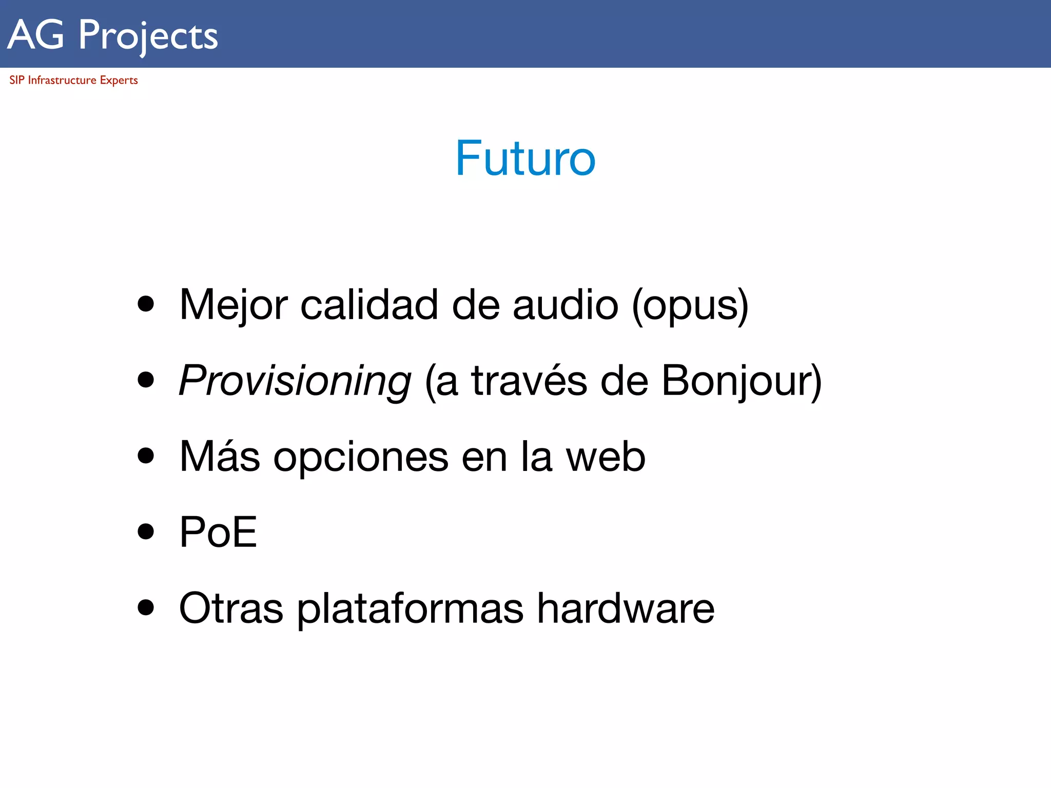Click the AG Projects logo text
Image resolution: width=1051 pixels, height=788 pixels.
(113, 35)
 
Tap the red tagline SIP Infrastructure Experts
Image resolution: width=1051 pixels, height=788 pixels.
(73, 80)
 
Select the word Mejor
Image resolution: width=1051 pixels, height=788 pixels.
(233, 305)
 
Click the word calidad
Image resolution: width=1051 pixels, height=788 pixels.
(369, 305)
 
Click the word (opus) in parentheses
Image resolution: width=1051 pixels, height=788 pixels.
(690, 306)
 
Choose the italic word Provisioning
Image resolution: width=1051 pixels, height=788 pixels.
(295, 381)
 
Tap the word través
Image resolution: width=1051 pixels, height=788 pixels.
(529, 381)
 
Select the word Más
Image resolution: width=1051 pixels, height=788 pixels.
(220, 456)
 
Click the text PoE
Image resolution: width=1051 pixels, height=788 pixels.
(218, 532)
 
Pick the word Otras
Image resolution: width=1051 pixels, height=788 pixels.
(231, 608)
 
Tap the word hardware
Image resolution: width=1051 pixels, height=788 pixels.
(626, 608)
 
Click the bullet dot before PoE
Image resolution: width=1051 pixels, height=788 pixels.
(146, 532)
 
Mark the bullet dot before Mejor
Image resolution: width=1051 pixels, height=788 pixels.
(146, 304)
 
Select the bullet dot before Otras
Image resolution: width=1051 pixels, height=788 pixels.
(146, 607)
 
